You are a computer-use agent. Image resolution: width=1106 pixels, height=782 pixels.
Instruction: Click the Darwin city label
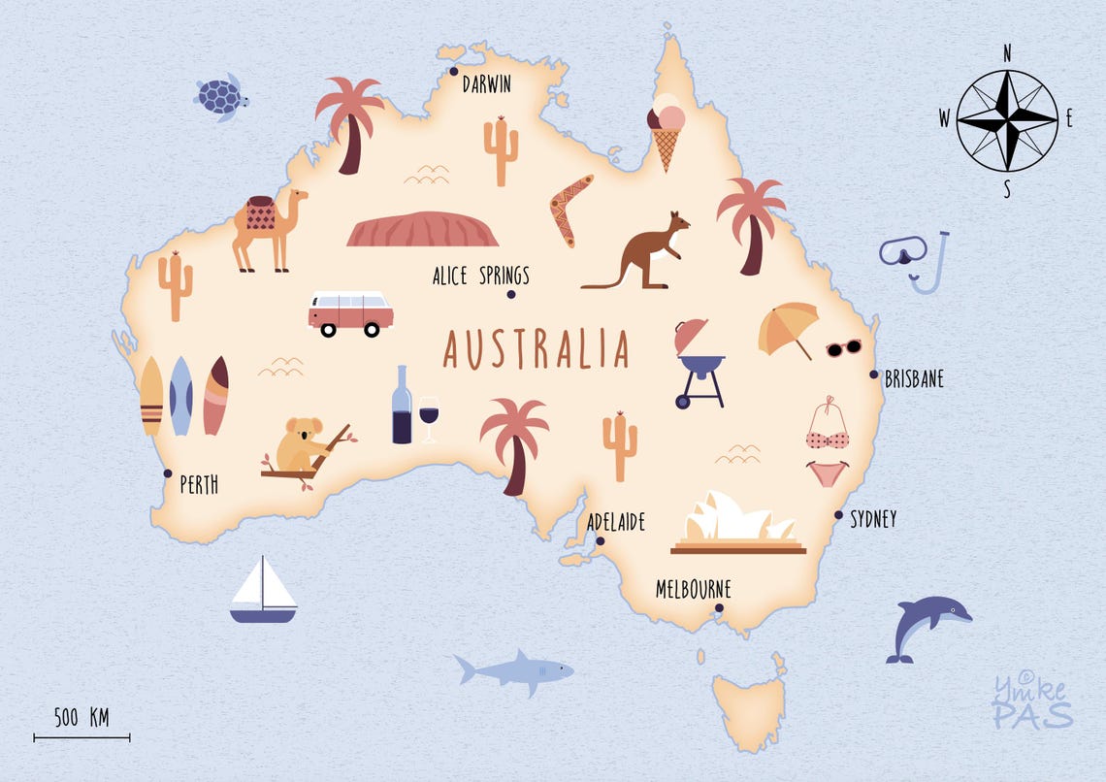[x=486, y=84]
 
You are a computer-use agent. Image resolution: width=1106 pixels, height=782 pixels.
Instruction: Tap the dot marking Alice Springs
[x=511, y=295]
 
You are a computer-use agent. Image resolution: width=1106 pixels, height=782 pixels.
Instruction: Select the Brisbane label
[x=914, y=379]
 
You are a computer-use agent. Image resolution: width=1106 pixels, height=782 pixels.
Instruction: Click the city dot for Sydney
[x=839, y=515]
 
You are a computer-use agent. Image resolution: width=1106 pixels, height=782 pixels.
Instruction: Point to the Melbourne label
[x=693, y=589]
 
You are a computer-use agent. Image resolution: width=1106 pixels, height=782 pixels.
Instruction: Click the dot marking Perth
[x=168, y=473]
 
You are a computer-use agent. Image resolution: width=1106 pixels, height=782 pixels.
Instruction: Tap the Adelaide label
[x=616, y=523]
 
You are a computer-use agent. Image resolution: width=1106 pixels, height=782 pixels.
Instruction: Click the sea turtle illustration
[x=222, y=97]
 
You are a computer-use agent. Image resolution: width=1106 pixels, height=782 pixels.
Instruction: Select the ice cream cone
[x=666, y=131]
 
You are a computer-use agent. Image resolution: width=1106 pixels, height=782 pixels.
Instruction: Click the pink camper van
[x=350, y=312]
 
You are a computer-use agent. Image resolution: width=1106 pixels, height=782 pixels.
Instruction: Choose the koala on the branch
[x=300, y=447]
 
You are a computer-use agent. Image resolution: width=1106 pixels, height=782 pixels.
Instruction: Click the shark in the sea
[x=515, y=670]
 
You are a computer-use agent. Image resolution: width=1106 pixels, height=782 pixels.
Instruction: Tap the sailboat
[x=263, y=591]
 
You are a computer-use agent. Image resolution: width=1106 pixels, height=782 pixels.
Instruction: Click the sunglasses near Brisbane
[x=843, y=347]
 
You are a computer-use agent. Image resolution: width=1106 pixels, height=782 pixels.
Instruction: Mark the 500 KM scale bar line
[x=81, y=738]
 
